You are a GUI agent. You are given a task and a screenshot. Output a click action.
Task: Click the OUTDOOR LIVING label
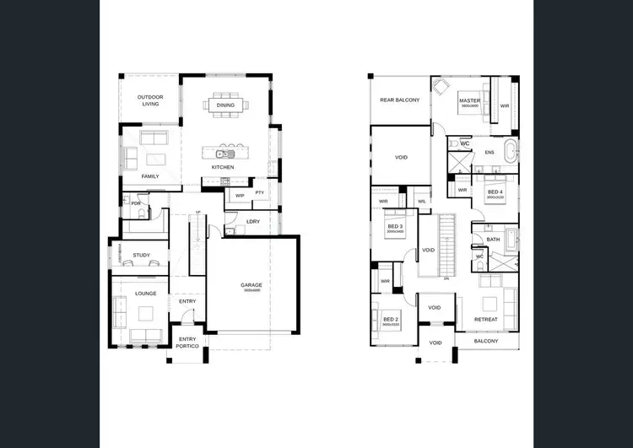(x=150, y=101)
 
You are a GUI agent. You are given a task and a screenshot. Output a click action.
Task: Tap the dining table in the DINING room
(x=226, y=105)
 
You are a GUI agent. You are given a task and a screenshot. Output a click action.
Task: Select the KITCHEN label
(x=223, y=167)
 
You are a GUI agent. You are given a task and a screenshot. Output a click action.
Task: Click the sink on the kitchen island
(x=223, y=154)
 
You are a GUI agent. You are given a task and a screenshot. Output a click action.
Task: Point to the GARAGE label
(x=252, y=285)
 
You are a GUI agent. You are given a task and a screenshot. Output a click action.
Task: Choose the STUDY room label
(x=141, y=255)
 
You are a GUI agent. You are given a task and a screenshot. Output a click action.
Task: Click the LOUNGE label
(x=146, y=294)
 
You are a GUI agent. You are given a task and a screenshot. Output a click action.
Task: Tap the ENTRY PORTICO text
(x=187, y=343)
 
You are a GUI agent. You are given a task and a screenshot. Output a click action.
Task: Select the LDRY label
(x=252, y=222)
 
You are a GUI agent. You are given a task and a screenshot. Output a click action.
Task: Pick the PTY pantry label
(x=260, y=193)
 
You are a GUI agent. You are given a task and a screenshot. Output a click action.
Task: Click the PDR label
(x=134, y=203)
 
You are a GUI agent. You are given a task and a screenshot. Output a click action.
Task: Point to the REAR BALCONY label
(x=399, y=100)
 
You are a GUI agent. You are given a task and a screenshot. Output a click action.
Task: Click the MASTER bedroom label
(x=469, y=101)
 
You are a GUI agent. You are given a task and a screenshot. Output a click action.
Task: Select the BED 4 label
(x=495, y=192)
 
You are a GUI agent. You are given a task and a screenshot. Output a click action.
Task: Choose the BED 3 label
(x=395, y=227)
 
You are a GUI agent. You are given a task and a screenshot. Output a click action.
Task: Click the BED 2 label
(x=391, y=319)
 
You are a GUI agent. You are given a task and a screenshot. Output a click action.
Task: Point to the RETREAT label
(x=485, y=320)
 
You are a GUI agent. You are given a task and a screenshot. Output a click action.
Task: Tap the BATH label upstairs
(x=493, y=240)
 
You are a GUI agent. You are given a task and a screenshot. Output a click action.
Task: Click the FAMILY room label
(x=150, y=176)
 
